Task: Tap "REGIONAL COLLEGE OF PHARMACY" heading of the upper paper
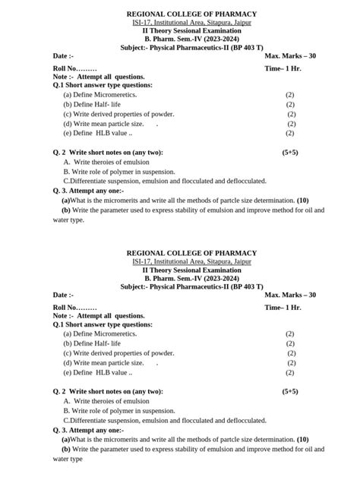pos(191,14)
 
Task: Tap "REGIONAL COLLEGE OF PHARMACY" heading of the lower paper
pos(191,253)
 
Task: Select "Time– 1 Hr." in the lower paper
pos(283,307)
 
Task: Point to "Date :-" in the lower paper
pos(63,295)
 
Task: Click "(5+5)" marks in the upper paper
pos(290,152)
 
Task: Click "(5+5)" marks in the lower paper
pos(290,391)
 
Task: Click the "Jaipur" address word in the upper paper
pos(241,24)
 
